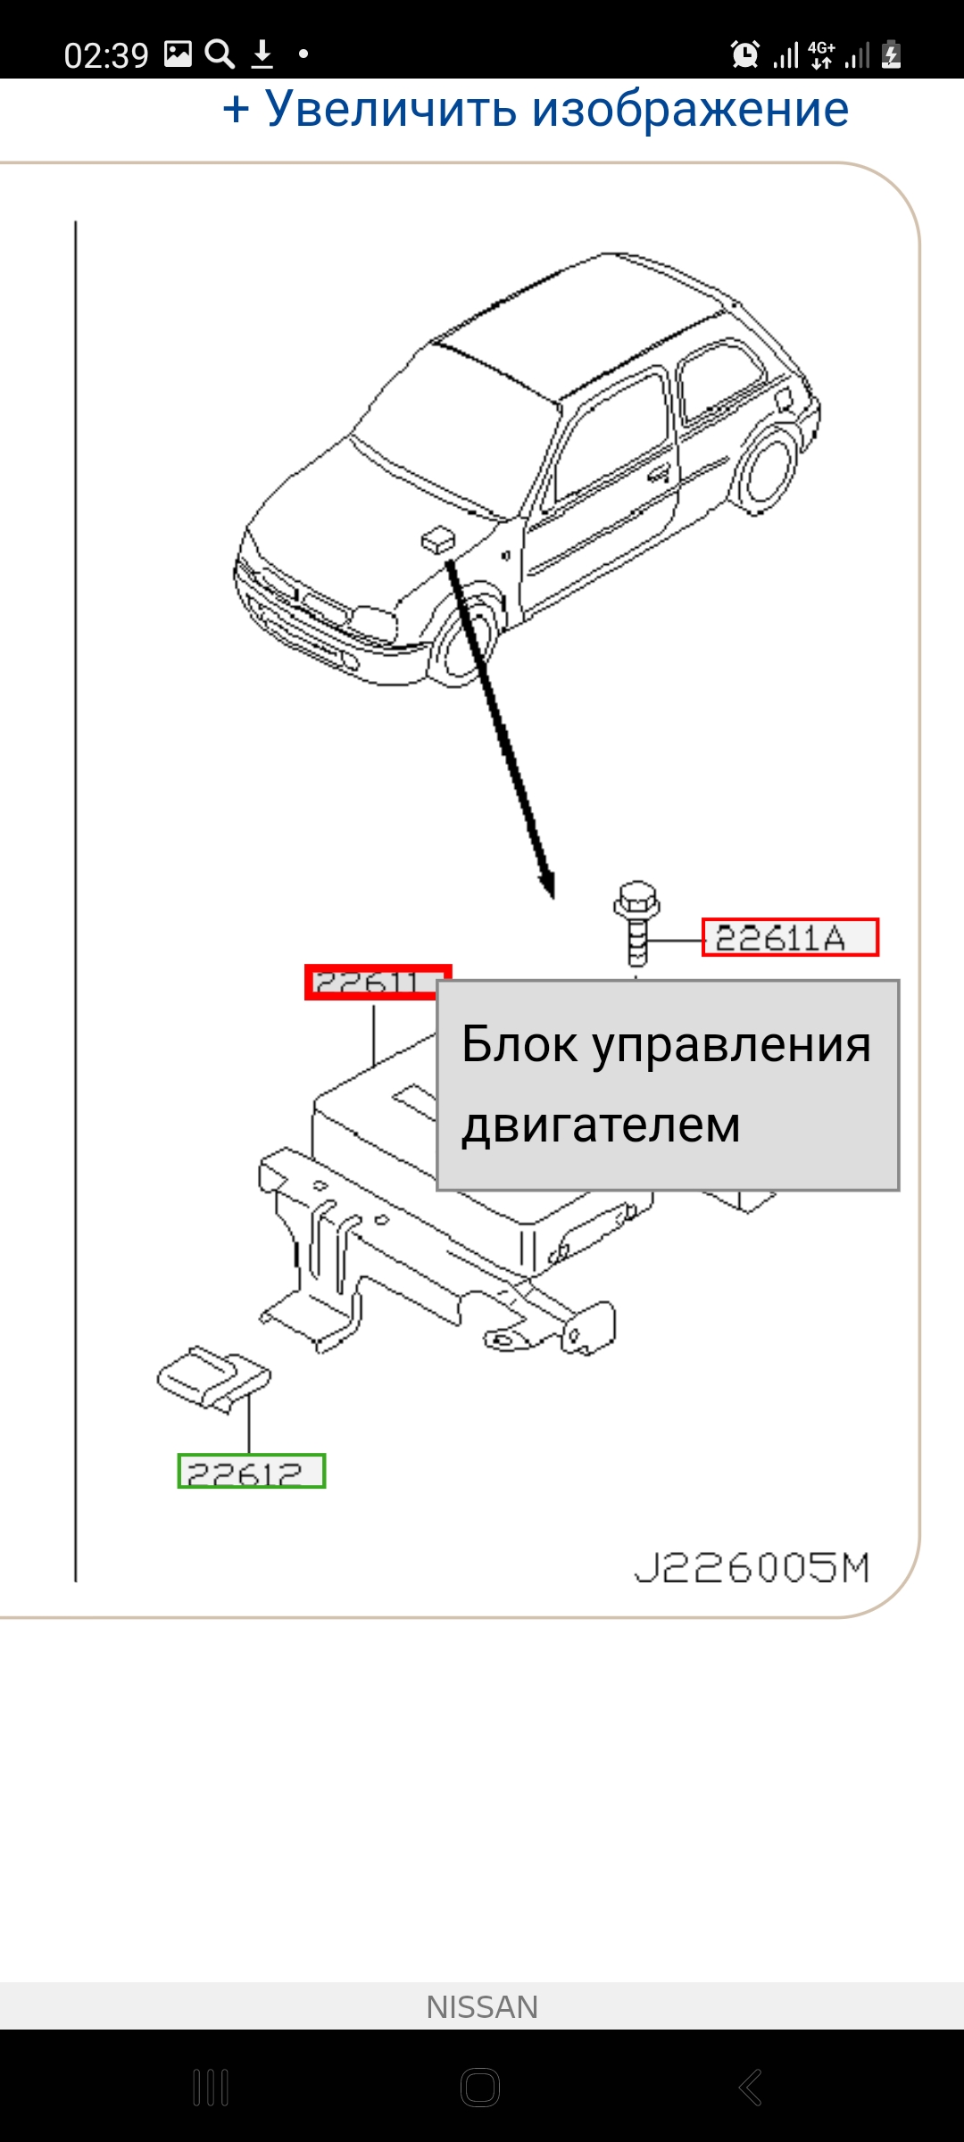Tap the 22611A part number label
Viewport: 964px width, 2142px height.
tap(789, 937)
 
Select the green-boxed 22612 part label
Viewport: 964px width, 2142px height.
tap(251, 1471)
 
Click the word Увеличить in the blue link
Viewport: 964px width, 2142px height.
tap(391, 110)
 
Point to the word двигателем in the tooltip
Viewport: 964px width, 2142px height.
tap(601, 1125)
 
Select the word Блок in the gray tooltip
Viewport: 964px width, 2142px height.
tap(519, 1044)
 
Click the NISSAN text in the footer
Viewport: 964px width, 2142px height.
tap(482, 2007)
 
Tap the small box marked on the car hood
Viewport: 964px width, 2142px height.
tap(436, 539)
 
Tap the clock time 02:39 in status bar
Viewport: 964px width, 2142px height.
tap(106, 55)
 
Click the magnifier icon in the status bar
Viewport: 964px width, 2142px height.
tap(220, 54)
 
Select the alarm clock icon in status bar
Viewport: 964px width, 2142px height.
tap(744, 55)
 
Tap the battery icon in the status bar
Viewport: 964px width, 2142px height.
tap(891, 55)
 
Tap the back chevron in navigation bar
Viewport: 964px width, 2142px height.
tap(751, 2088)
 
